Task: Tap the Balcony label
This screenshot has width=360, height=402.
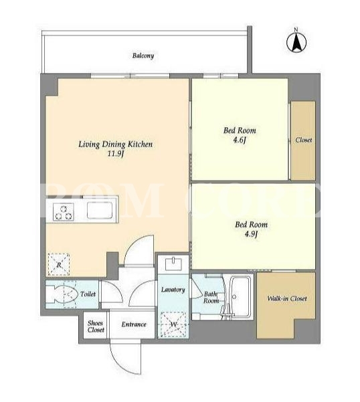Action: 143,56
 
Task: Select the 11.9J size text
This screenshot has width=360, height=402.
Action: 115,154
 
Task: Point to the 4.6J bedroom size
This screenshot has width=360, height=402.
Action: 240,140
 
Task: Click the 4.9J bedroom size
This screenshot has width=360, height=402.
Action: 251,234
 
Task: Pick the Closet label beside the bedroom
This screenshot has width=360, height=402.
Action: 304,140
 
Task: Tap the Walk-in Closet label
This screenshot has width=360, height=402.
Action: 287,298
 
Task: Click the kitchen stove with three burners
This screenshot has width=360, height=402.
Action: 64,212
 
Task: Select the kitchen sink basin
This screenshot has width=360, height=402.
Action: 100,210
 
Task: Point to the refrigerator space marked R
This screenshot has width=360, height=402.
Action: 59,265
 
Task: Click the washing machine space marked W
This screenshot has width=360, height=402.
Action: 173,324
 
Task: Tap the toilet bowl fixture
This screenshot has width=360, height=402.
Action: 62,294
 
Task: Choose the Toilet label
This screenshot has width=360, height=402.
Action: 88,294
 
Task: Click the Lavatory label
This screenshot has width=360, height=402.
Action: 173,290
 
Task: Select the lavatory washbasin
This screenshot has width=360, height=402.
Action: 173,264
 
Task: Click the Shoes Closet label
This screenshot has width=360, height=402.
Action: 96,326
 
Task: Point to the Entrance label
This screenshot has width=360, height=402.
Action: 134,324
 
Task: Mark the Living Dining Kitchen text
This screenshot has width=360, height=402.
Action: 115,144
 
